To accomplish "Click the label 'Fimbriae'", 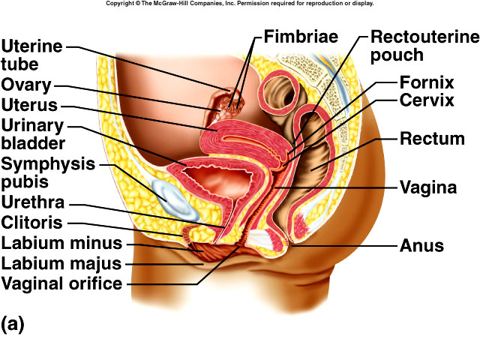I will [x=301, y=37].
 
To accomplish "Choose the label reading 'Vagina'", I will [x=428, y=187].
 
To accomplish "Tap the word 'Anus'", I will [x=422, y=245].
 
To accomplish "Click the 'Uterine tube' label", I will [x=31, y=54].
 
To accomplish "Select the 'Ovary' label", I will [x=26, y=84].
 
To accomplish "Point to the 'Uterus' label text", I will [x=29, y=103].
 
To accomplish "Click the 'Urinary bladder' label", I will [x=33, y=133].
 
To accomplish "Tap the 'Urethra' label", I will [x=33, y=202].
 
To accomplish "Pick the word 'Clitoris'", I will [x=32, y=223].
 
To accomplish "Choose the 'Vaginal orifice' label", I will [x=61, y=283].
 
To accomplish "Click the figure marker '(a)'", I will [x=13, y=324].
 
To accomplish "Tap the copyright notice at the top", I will [x=239, y=4].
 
